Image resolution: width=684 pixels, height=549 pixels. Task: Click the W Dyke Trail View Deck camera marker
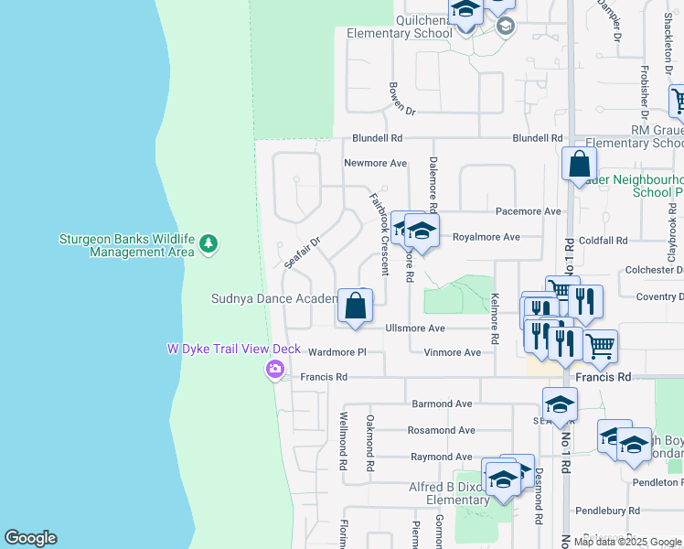coord(273,370)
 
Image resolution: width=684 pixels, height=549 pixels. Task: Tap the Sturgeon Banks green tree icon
coord(209,244)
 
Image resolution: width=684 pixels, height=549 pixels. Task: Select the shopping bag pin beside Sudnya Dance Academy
coord(356,307)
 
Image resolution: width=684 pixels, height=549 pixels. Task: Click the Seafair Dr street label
coord(302,253)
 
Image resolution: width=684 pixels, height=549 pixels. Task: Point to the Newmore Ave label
coord(375,163)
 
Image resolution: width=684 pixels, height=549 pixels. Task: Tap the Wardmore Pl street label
coord(337,352)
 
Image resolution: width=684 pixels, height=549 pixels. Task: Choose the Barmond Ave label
coord(442,403)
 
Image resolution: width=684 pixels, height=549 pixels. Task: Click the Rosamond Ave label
coord(442,430)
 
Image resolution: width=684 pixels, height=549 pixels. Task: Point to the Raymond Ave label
coord(441,456)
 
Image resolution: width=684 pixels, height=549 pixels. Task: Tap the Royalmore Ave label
coord(486,237)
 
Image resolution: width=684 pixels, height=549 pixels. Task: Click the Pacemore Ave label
coord(528,210)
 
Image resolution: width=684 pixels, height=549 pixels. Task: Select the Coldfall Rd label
coord(603,241)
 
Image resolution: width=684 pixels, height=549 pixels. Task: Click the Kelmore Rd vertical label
coord(495,318)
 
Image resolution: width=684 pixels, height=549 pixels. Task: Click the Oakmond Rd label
coord(369,442)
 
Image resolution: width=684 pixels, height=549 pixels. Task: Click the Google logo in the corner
coord(30,538)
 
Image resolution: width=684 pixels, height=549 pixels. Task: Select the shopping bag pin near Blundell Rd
coord(579,165)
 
